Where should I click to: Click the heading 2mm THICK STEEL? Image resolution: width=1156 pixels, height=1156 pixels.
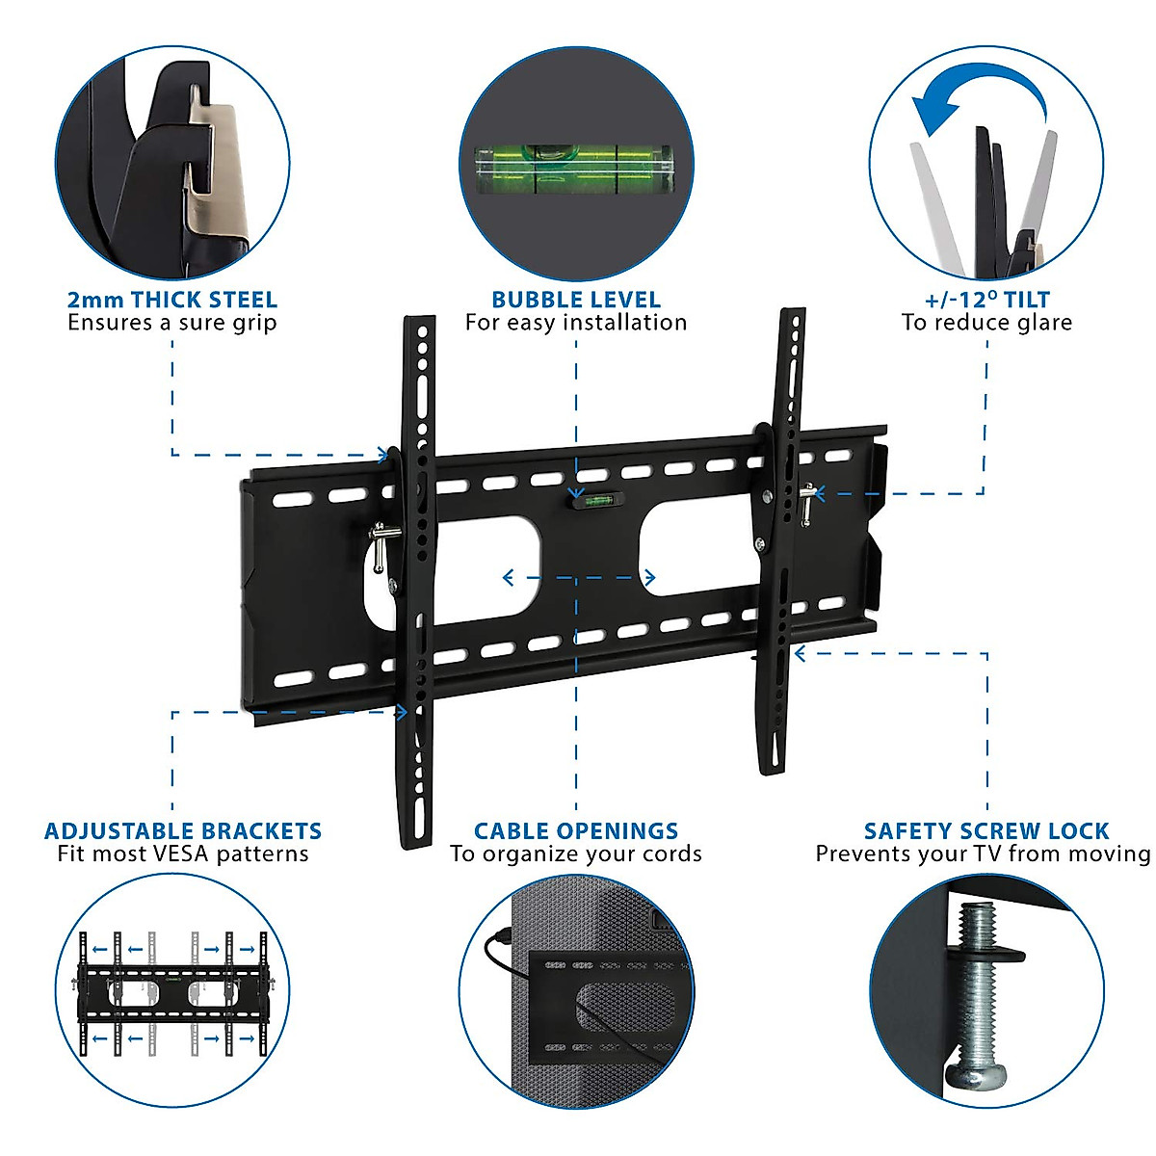coord(171,300)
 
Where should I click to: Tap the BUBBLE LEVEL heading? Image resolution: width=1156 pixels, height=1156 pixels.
coord(576,300)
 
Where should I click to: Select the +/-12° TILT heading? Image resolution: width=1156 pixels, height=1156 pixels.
coord(986,300)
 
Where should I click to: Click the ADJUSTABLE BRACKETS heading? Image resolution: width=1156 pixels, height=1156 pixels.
coord(183,830)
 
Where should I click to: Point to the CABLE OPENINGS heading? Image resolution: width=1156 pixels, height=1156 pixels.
coord(576,830)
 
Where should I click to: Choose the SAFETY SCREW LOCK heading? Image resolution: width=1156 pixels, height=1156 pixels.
coord(986,830)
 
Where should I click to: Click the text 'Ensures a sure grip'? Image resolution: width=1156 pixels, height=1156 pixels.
coord(171,323)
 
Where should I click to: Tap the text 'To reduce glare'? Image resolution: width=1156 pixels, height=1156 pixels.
coord(986,323)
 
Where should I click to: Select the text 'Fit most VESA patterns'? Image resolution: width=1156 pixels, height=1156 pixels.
coord(183,854)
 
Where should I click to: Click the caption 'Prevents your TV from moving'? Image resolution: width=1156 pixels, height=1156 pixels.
coord(983,854)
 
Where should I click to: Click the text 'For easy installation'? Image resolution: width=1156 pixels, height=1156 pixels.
coord(576,323)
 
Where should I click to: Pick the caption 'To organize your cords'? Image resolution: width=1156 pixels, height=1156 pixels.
coord(576,854)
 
